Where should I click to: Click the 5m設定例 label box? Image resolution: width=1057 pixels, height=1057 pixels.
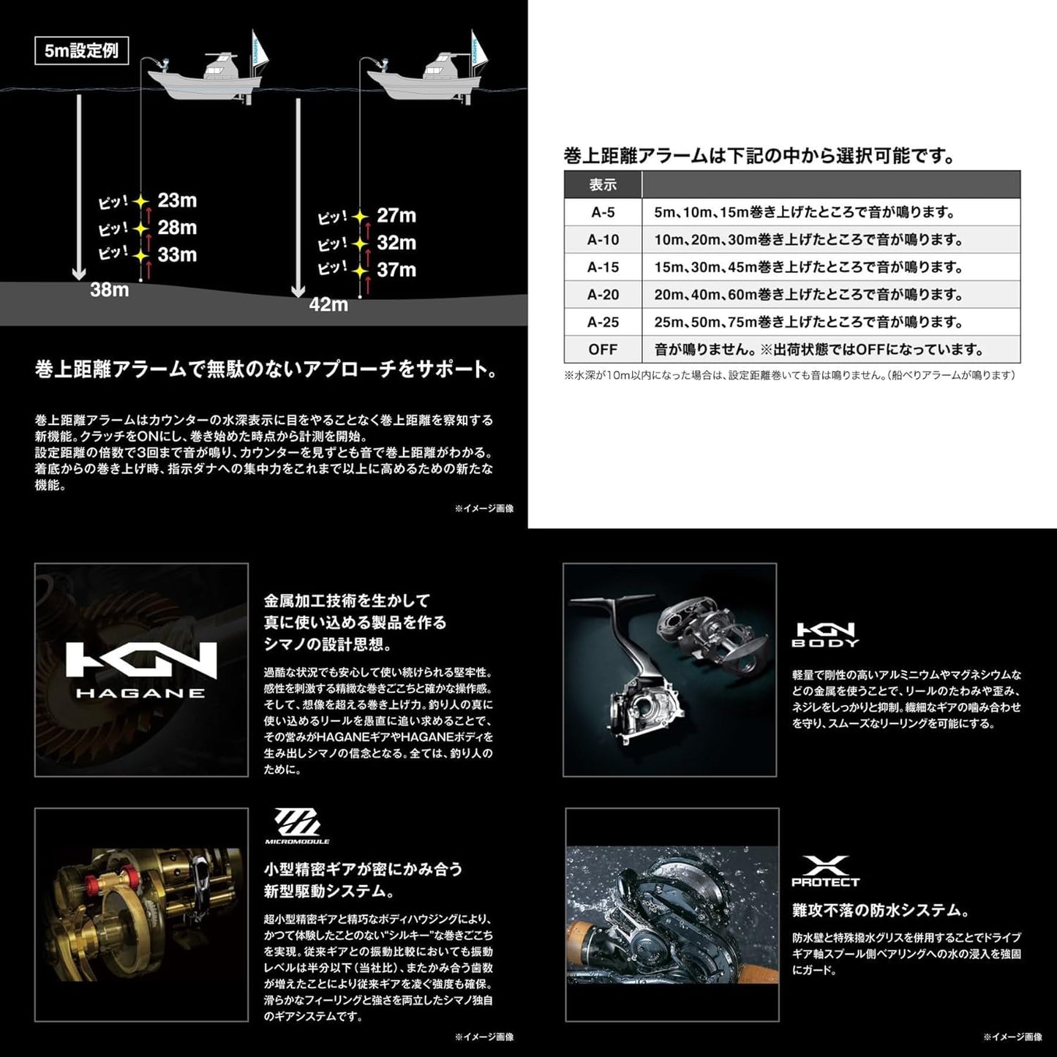(81, 51)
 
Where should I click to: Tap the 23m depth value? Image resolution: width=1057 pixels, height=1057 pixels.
(177, 200)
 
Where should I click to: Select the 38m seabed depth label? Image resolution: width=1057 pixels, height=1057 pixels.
(110, 290)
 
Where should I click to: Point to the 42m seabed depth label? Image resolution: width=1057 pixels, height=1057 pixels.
(328, 304)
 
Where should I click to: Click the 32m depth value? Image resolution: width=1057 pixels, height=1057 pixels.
(396, 243)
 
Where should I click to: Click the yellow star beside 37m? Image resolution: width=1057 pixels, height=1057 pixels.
(360, 271)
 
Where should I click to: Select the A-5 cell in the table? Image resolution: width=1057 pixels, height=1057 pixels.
(603, 213)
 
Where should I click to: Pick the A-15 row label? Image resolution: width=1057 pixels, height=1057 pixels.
(603, 268)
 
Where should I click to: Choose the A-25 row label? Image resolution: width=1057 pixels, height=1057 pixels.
(603, 322)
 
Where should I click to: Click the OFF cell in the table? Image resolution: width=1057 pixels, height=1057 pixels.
(603, 350)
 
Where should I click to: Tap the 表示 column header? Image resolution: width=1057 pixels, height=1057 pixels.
(603, 185)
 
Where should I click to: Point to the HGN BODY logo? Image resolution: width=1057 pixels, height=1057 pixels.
(825, 634)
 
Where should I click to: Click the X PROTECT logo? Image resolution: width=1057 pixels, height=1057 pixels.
(825, 871)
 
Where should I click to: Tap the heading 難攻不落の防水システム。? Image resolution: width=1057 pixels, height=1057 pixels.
(881, 911)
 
